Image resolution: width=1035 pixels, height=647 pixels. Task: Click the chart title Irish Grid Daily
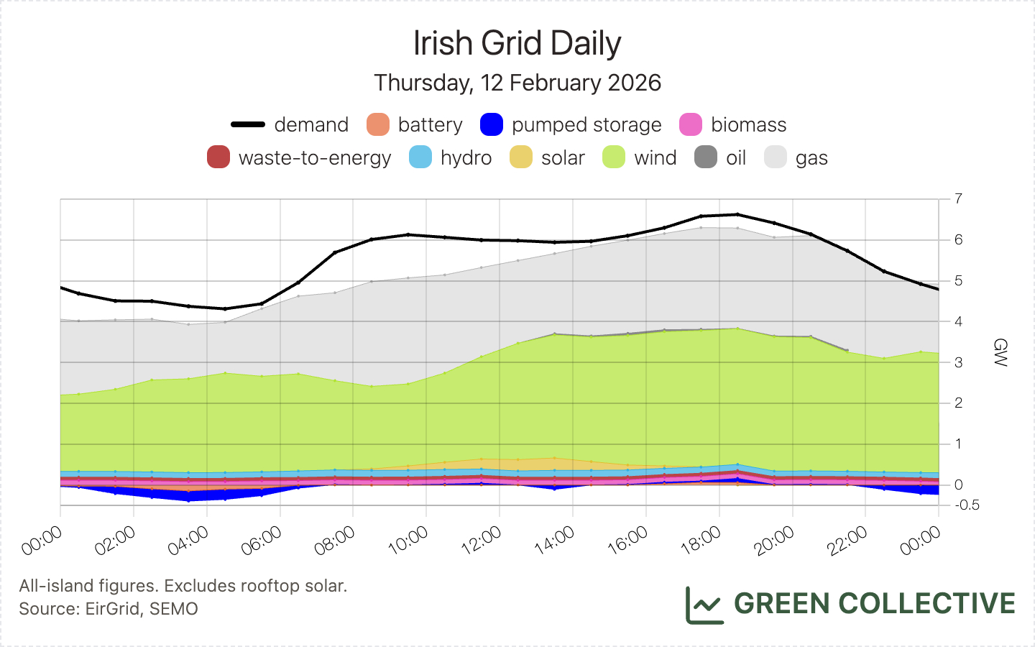pyautogui.click(x=517, y=43)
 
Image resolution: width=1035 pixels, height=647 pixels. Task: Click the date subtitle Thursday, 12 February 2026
pyautogui.click(x=517, y=83)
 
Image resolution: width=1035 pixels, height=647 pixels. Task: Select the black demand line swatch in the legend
pyautogui.click(x=248, y=124)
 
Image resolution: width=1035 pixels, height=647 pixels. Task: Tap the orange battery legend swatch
pyautogui.click(x=378, y=124)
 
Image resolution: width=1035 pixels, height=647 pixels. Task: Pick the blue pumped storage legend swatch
pyautogui.click(x=492, y=124)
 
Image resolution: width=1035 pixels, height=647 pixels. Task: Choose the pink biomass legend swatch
pyautogui.click(x=691, y=124)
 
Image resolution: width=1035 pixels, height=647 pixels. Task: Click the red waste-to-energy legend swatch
pyautogui.click(x=218, y=157)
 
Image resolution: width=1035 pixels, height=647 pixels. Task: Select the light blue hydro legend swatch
pyautogui.click(x=420, y=157)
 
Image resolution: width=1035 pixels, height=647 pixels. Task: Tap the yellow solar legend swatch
pyautogui.click(x=521, y=157)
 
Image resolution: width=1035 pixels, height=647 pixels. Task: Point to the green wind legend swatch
pyautogui.click(x=614, y=157)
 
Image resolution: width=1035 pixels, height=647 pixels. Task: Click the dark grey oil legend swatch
pyautogui.click(x=706, y=157)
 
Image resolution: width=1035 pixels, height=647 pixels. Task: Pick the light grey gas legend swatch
pyautogui.click(x=776, y=157)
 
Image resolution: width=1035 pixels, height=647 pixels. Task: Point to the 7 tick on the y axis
pyautogui.click(x=959, y=198)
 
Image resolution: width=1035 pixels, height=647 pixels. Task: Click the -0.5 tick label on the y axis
pyautogui.click(x=967, y=505)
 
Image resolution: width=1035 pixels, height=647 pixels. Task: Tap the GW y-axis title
pyautogui.click(x=999, y=352)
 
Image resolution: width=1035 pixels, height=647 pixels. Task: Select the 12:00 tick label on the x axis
pyautogui.click(x=481, y=541)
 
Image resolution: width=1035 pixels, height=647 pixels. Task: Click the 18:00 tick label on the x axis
pyautogui.click(x=701, y=541)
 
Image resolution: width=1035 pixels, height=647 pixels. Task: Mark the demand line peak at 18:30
pyautogui.click(x=737, y=214)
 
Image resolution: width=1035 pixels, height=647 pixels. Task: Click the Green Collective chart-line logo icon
pyautogui.click(x=704, y=605)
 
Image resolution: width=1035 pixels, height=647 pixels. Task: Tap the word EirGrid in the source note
pyautogui.click(x=112, y=609)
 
